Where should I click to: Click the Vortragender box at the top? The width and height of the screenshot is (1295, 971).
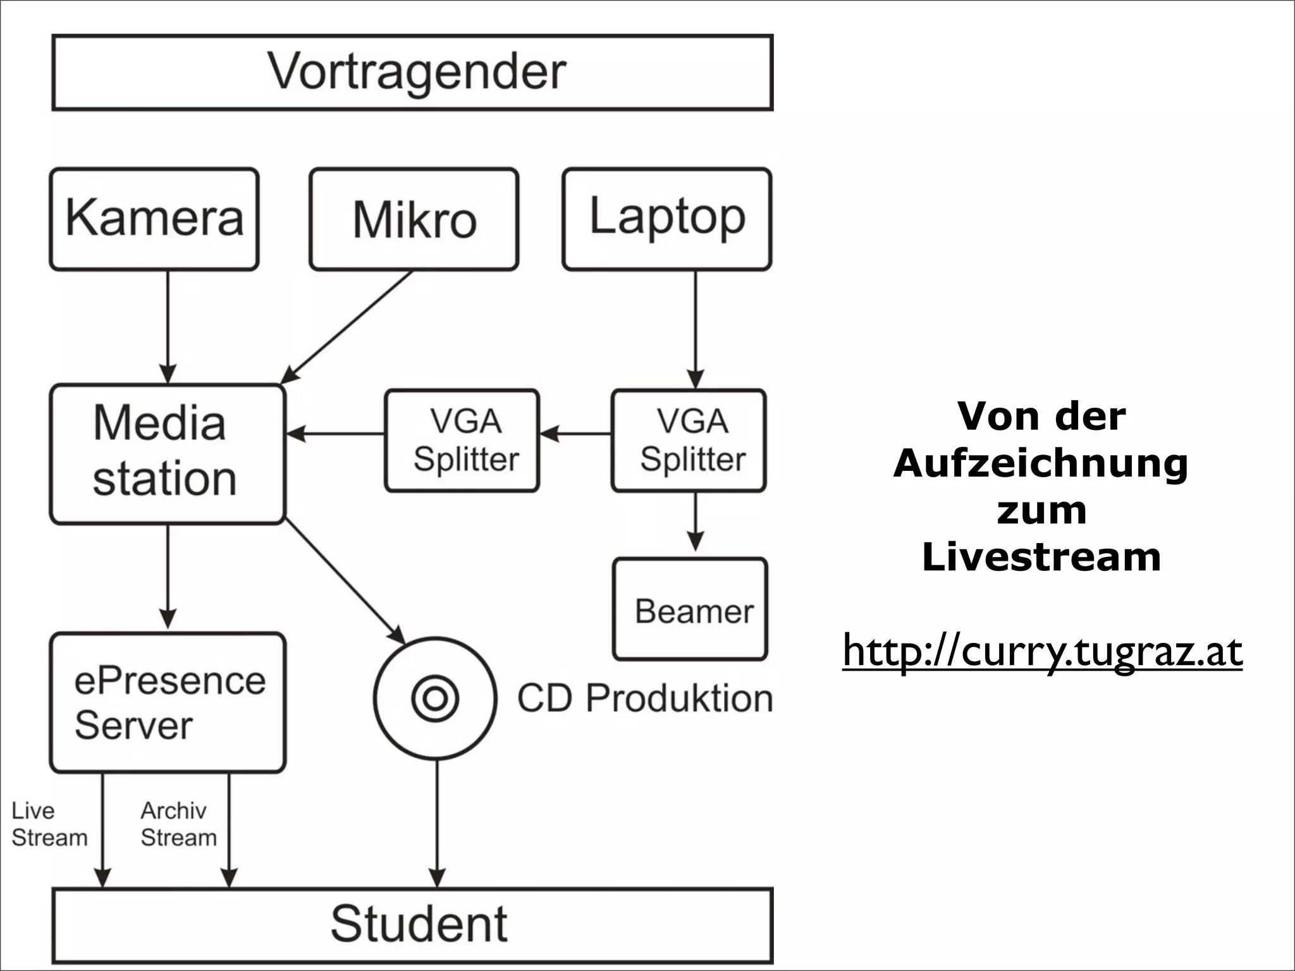tap(412, 73)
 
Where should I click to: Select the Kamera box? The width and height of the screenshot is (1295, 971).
tap(154, 219)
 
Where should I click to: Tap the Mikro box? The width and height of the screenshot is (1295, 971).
tap(414, 219)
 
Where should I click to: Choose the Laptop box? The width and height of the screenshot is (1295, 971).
tap(666, 219)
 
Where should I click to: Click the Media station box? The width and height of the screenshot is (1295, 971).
tap(168, 454)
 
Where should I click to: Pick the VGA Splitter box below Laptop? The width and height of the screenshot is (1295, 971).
tap(689, 440)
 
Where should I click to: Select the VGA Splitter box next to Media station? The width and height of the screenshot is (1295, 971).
tap(462, 440)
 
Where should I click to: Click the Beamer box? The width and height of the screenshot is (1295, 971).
tap(690, 609)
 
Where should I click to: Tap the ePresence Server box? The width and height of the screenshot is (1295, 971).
tap(168, 702)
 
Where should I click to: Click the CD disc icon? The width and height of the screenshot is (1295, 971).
tap(434, 699)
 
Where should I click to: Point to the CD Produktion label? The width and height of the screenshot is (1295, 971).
tap(645, 699)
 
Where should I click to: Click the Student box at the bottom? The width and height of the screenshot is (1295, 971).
tap(412, 924)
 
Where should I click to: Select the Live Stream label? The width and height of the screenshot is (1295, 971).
tap(49, 824)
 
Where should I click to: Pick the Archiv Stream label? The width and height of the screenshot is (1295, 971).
tap(178, 824)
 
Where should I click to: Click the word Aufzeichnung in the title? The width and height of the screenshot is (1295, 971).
tap(1041, 463)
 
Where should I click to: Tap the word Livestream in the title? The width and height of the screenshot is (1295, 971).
tap(1041, 557)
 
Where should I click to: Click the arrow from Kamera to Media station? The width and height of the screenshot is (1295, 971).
tap(168, 326)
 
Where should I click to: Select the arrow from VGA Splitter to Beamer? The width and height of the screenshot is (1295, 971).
tap(696, 522)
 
